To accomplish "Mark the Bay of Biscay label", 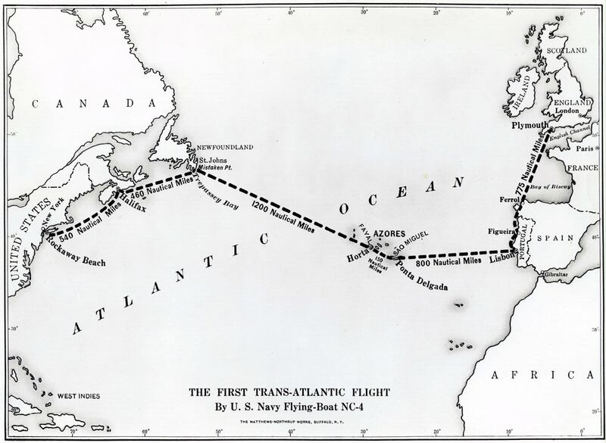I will pyautogui.click(x=549, y=186).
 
